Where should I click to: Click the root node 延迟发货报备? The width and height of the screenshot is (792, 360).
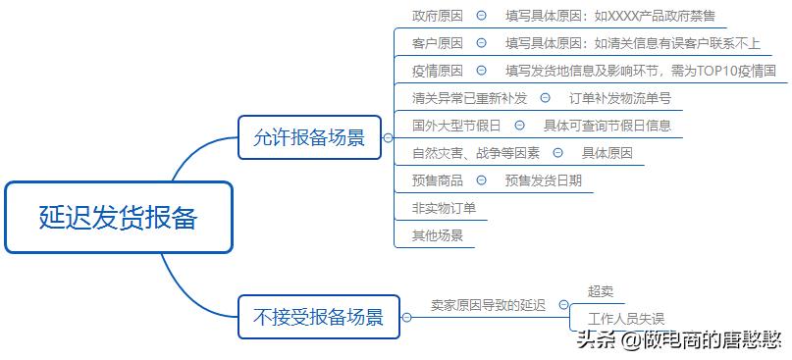point(119,218)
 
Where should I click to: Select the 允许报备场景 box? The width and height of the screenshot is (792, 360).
point(309,137)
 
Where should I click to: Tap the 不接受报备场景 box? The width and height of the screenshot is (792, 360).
point(319,317)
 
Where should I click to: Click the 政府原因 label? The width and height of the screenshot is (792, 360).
point(438,16)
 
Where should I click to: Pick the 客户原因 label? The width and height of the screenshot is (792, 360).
point(438,43)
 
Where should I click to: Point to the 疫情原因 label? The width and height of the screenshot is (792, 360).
point(438,71)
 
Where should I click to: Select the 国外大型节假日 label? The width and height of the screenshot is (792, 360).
point(456,126)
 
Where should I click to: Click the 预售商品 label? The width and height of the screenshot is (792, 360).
point(438,180)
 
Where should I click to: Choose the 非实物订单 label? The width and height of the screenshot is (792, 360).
point(444,208)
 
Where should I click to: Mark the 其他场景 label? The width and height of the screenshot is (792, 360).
point(438,235)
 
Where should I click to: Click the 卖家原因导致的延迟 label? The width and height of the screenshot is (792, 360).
point(488,305)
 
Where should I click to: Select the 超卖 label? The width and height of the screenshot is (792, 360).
point(601,291)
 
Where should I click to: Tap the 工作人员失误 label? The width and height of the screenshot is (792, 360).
point(626,319)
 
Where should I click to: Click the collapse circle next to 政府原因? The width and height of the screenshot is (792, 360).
point(481,16)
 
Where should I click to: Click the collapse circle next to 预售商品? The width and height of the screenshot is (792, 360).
point(481,180)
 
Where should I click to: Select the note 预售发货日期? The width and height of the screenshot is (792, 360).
point(543,180)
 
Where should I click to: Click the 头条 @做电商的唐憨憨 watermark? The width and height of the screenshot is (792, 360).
point(679,340)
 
